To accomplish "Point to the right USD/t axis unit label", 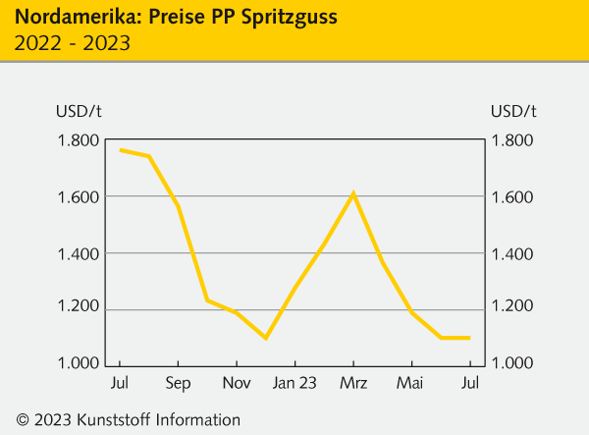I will click(513, 109).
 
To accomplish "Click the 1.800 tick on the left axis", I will click(78, 141).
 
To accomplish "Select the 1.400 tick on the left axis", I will click(78, 254).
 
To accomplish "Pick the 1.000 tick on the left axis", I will click(78, 364).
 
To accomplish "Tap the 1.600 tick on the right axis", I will click(514, 197).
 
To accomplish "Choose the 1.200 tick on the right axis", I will click(514, 310).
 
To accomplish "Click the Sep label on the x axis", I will click(178, 383).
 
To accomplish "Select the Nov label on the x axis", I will click(236, 383).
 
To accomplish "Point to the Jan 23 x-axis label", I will click(294, 383).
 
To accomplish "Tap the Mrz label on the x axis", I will click(352, 383).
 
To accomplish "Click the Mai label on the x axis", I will click(410, 383).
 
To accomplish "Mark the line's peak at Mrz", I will click(352, 193).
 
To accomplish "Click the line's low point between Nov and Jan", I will click(265, 338).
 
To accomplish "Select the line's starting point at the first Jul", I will click(120, 150).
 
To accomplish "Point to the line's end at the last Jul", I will click(468, 338).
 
